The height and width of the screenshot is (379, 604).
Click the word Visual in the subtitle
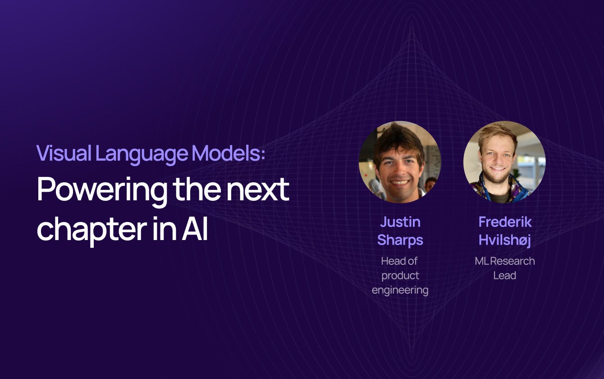click(x=64, y=153)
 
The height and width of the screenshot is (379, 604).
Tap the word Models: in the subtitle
click(x=229, y=153)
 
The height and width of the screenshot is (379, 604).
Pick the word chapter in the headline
click(x=92, y=230)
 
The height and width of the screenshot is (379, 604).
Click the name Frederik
click(x=505, y=222)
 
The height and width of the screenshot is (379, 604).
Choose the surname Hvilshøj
click(x=505, y=240)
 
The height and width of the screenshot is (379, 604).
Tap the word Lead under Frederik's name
click(x=505, y=276)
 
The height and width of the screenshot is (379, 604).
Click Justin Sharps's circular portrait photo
click(x=400, y=162)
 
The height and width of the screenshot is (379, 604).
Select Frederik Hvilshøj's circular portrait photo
click(x=504, y=162)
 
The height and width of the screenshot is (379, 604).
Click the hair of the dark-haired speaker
click(x=398, y=140)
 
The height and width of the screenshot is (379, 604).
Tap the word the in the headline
click(x=197, y=189)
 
